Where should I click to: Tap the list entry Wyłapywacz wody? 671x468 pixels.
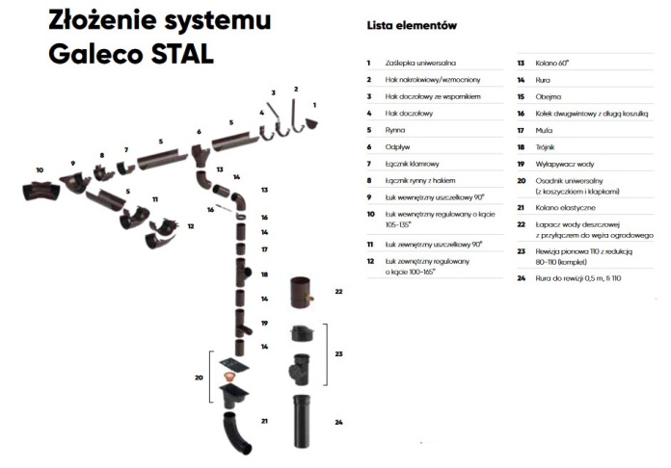point(564,164)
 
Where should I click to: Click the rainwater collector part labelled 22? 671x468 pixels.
point(302,291)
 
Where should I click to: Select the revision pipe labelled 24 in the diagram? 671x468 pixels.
point(302,421)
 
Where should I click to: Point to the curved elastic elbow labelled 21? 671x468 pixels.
point(238,429)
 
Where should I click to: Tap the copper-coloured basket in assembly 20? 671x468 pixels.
point(229,375)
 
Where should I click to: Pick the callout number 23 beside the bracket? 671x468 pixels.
point(337,354)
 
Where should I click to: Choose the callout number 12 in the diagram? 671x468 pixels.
point(191,227)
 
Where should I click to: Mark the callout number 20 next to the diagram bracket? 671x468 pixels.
point(198,377)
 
